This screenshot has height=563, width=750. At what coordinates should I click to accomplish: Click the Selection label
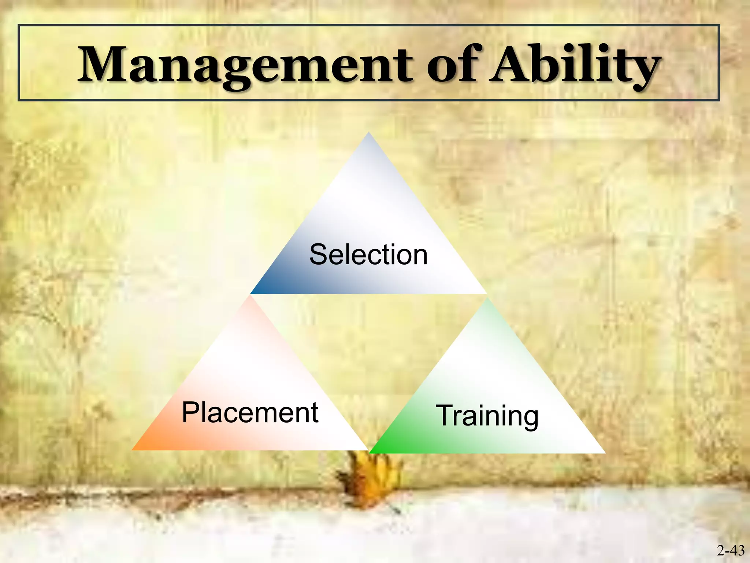(x=368, y=255)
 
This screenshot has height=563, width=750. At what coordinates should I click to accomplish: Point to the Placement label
(x=250, y=413)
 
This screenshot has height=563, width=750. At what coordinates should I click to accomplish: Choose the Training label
(x=487, y=416)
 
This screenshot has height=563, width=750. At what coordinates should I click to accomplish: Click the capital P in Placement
(x=190, y=413)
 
